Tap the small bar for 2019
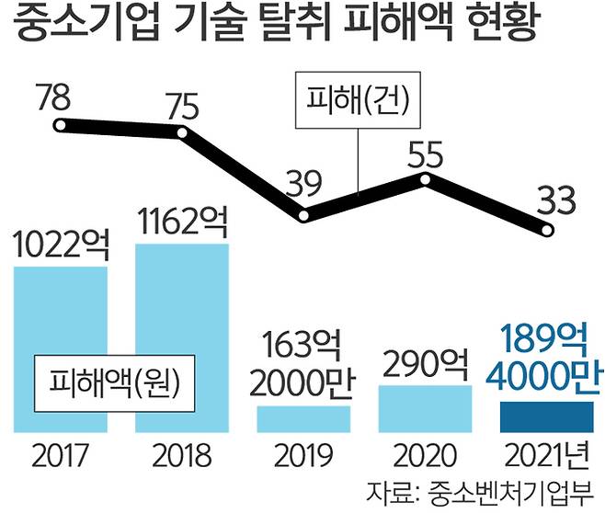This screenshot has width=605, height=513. pos(303,418)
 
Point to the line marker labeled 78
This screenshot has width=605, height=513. pos(61,126)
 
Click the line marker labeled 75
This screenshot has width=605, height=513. pos(182,134)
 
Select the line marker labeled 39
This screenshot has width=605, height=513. pos(304,217)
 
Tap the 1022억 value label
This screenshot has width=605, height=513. pos(63,245)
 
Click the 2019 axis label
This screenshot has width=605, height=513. pos(303,455)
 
